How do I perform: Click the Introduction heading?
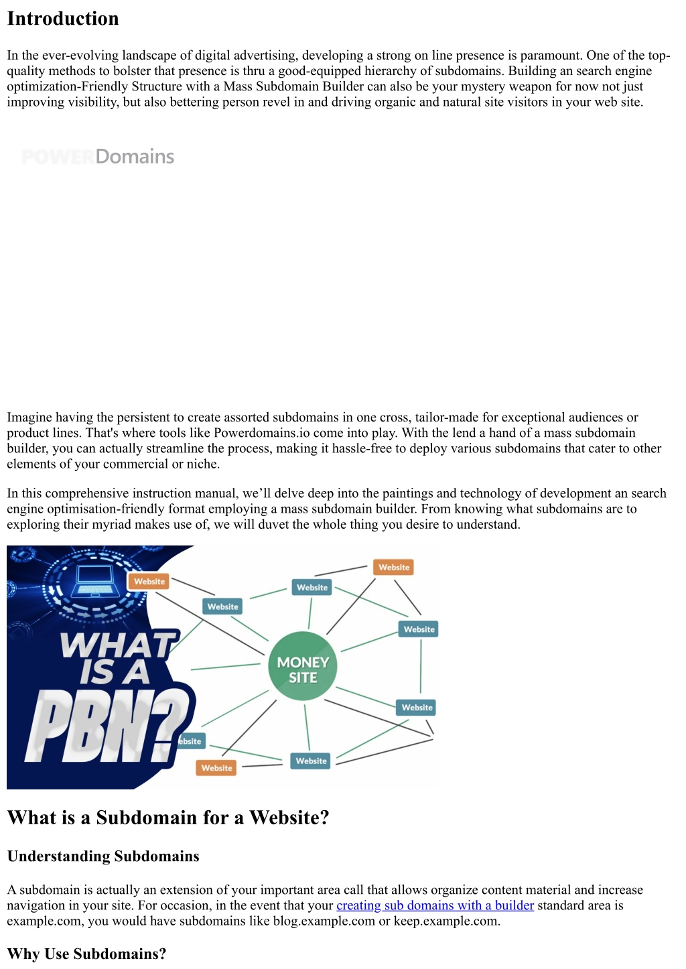(63, 19)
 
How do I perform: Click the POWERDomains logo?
(98, 157)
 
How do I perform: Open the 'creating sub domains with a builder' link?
(435, 905)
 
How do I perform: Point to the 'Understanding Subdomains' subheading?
(103, 856)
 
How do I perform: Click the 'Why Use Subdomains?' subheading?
(86, 954)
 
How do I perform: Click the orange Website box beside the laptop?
(149, 582)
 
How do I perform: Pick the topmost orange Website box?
(394, 567)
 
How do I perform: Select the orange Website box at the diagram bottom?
(216, 768)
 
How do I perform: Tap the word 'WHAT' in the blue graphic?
(119, 645)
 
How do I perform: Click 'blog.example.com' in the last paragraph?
(324, 921)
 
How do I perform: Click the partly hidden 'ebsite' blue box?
(190, 741)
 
